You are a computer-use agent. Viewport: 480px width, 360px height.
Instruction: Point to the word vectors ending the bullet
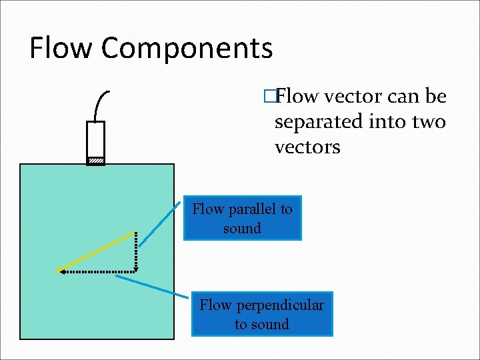click(307, 147)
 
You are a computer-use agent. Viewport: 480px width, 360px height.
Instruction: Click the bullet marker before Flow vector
click(269, 97)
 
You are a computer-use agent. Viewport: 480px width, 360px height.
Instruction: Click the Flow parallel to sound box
click(242, 218)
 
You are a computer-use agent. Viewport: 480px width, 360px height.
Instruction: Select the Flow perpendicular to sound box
click(261, 314)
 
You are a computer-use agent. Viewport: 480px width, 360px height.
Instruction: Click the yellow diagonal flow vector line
click(97, 251)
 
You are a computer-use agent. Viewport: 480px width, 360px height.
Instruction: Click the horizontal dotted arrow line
click(100, 271)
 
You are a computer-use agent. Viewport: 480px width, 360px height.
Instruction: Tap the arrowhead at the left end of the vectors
click(60, 271)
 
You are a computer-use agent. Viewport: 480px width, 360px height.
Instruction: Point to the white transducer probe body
click(97, 139)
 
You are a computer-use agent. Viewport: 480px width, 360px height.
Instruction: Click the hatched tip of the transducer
click(97, 161)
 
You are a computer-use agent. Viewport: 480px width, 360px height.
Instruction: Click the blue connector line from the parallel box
click(160, 223)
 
